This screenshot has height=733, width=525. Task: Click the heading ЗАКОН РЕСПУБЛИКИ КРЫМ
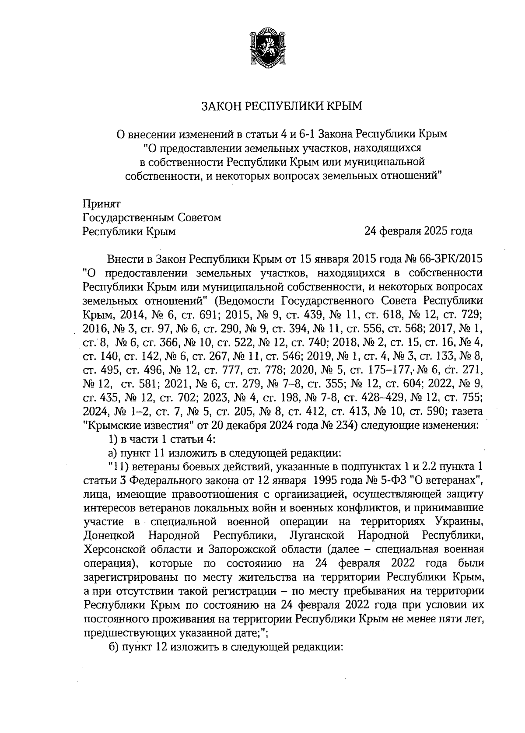coord(282,106)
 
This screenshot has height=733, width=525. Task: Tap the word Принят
coord(101,204)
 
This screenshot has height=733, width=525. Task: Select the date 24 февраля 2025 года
coord(419,231)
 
